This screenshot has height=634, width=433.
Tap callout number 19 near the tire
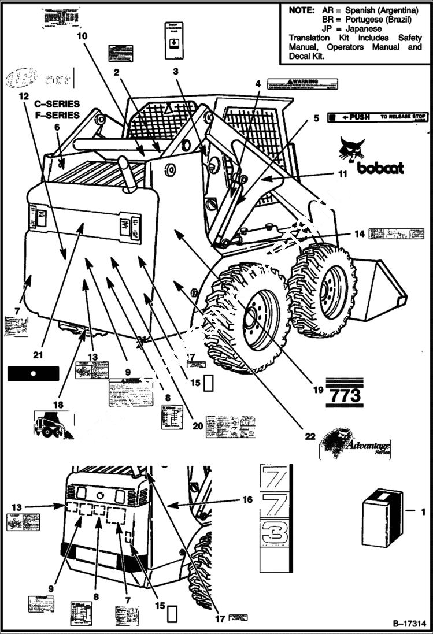click(317, 391)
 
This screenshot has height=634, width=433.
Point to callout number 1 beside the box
click(423, 510)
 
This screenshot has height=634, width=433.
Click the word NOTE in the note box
click(301, 10)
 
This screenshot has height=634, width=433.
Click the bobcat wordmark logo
click(380, 168)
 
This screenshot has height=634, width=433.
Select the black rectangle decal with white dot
click(34, 373)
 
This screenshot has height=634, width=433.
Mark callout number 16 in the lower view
click(247, 500)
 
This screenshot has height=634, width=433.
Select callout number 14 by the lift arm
click(360, 234)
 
